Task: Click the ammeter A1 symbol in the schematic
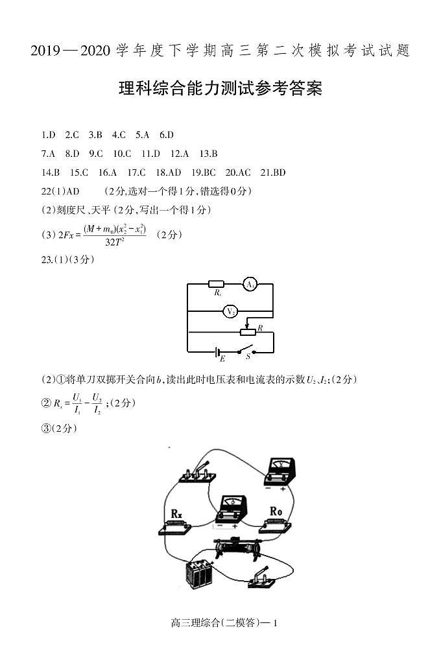[250, 284]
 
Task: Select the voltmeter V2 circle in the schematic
[230, 312]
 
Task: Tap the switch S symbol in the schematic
[246, 352]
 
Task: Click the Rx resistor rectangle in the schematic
[216, 284]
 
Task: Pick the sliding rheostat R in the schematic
[248, 333]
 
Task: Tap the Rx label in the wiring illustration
[176, 513]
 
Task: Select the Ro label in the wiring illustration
[276, 512]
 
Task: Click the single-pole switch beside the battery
[265, 578]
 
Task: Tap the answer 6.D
[167, 135]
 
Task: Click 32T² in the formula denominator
[114, 242]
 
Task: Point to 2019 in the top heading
[44, 51]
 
